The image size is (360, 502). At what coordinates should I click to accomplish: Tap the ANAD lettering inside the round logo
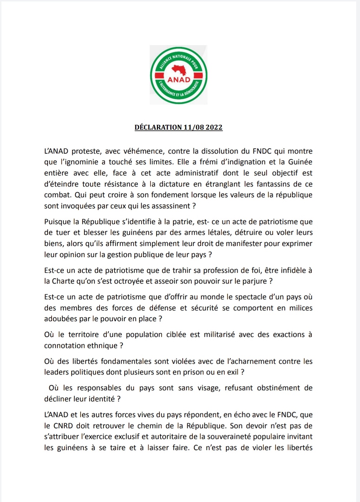click(179, 79)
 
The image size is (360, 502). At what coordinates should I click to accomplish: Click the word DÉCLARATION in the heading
click(158, 127)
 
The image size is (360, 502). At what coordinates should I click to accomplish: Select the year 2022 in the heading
click(214, 127)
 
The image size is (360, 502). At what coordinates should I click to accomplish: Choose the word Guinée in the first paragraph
click(300, 162)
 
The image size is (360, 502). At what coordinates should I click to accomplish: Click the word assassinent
click(171, 206)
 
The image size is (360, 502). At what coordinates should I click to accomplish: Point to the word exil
click(233, 372)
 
